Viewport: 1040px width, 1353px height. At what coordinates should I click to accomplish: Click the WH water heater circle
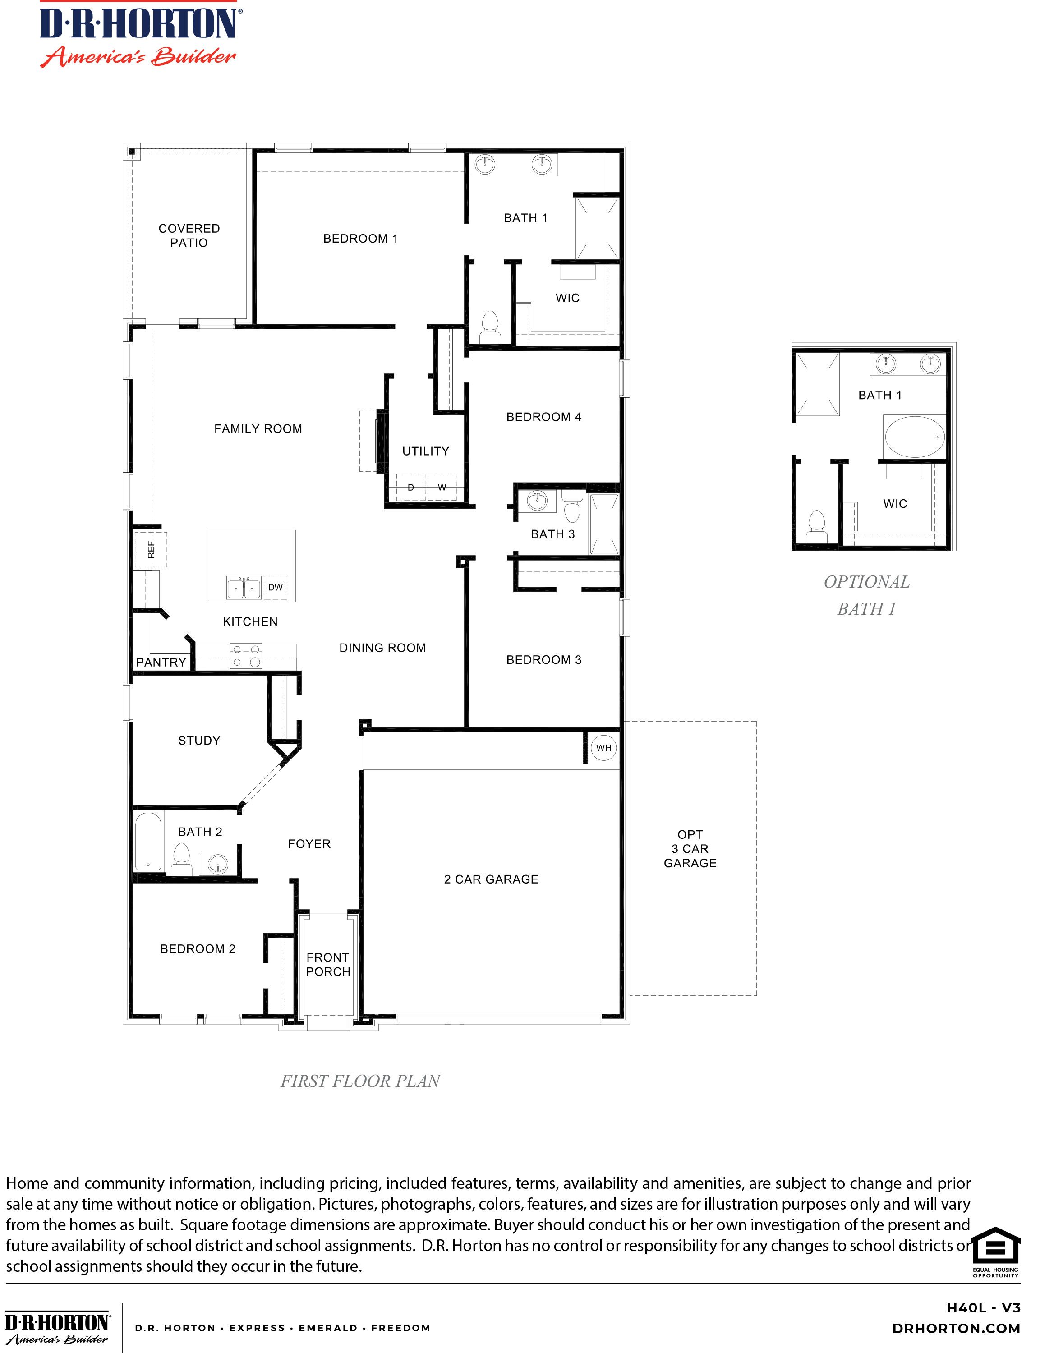603,748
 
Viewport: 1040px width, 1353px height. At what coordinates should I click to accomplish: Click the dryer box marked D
410,487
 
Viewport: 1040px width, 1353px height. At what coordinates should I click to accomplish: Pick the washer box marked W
442,487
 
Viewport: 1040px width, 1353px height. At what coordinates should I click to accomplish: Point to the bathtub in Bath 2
148,842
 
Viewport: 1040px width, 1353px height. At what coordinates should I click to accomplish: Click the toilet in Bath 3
573,507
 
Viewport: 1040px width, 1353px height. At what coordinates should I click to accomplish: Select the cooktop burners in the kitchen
246,656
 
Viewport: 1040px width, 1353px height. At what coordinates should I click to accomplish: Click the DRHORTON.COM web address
957,1328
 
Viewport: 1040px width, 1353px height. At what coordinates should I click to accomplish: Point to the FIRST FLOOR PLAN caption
360,1081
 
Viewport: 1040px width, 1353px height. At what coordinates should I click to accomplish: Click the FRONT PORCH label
328,964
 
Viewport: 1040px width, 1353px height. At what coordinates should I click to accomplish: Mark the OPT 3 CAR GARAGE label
690,849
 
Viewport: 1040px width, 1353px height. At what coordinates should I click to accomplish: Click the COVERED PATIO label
189,235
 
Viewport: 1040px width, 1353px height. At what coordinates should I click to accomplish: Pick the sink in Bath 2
217,863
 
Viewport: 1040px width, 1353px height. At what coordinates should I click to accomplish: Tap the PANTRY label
161,662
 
